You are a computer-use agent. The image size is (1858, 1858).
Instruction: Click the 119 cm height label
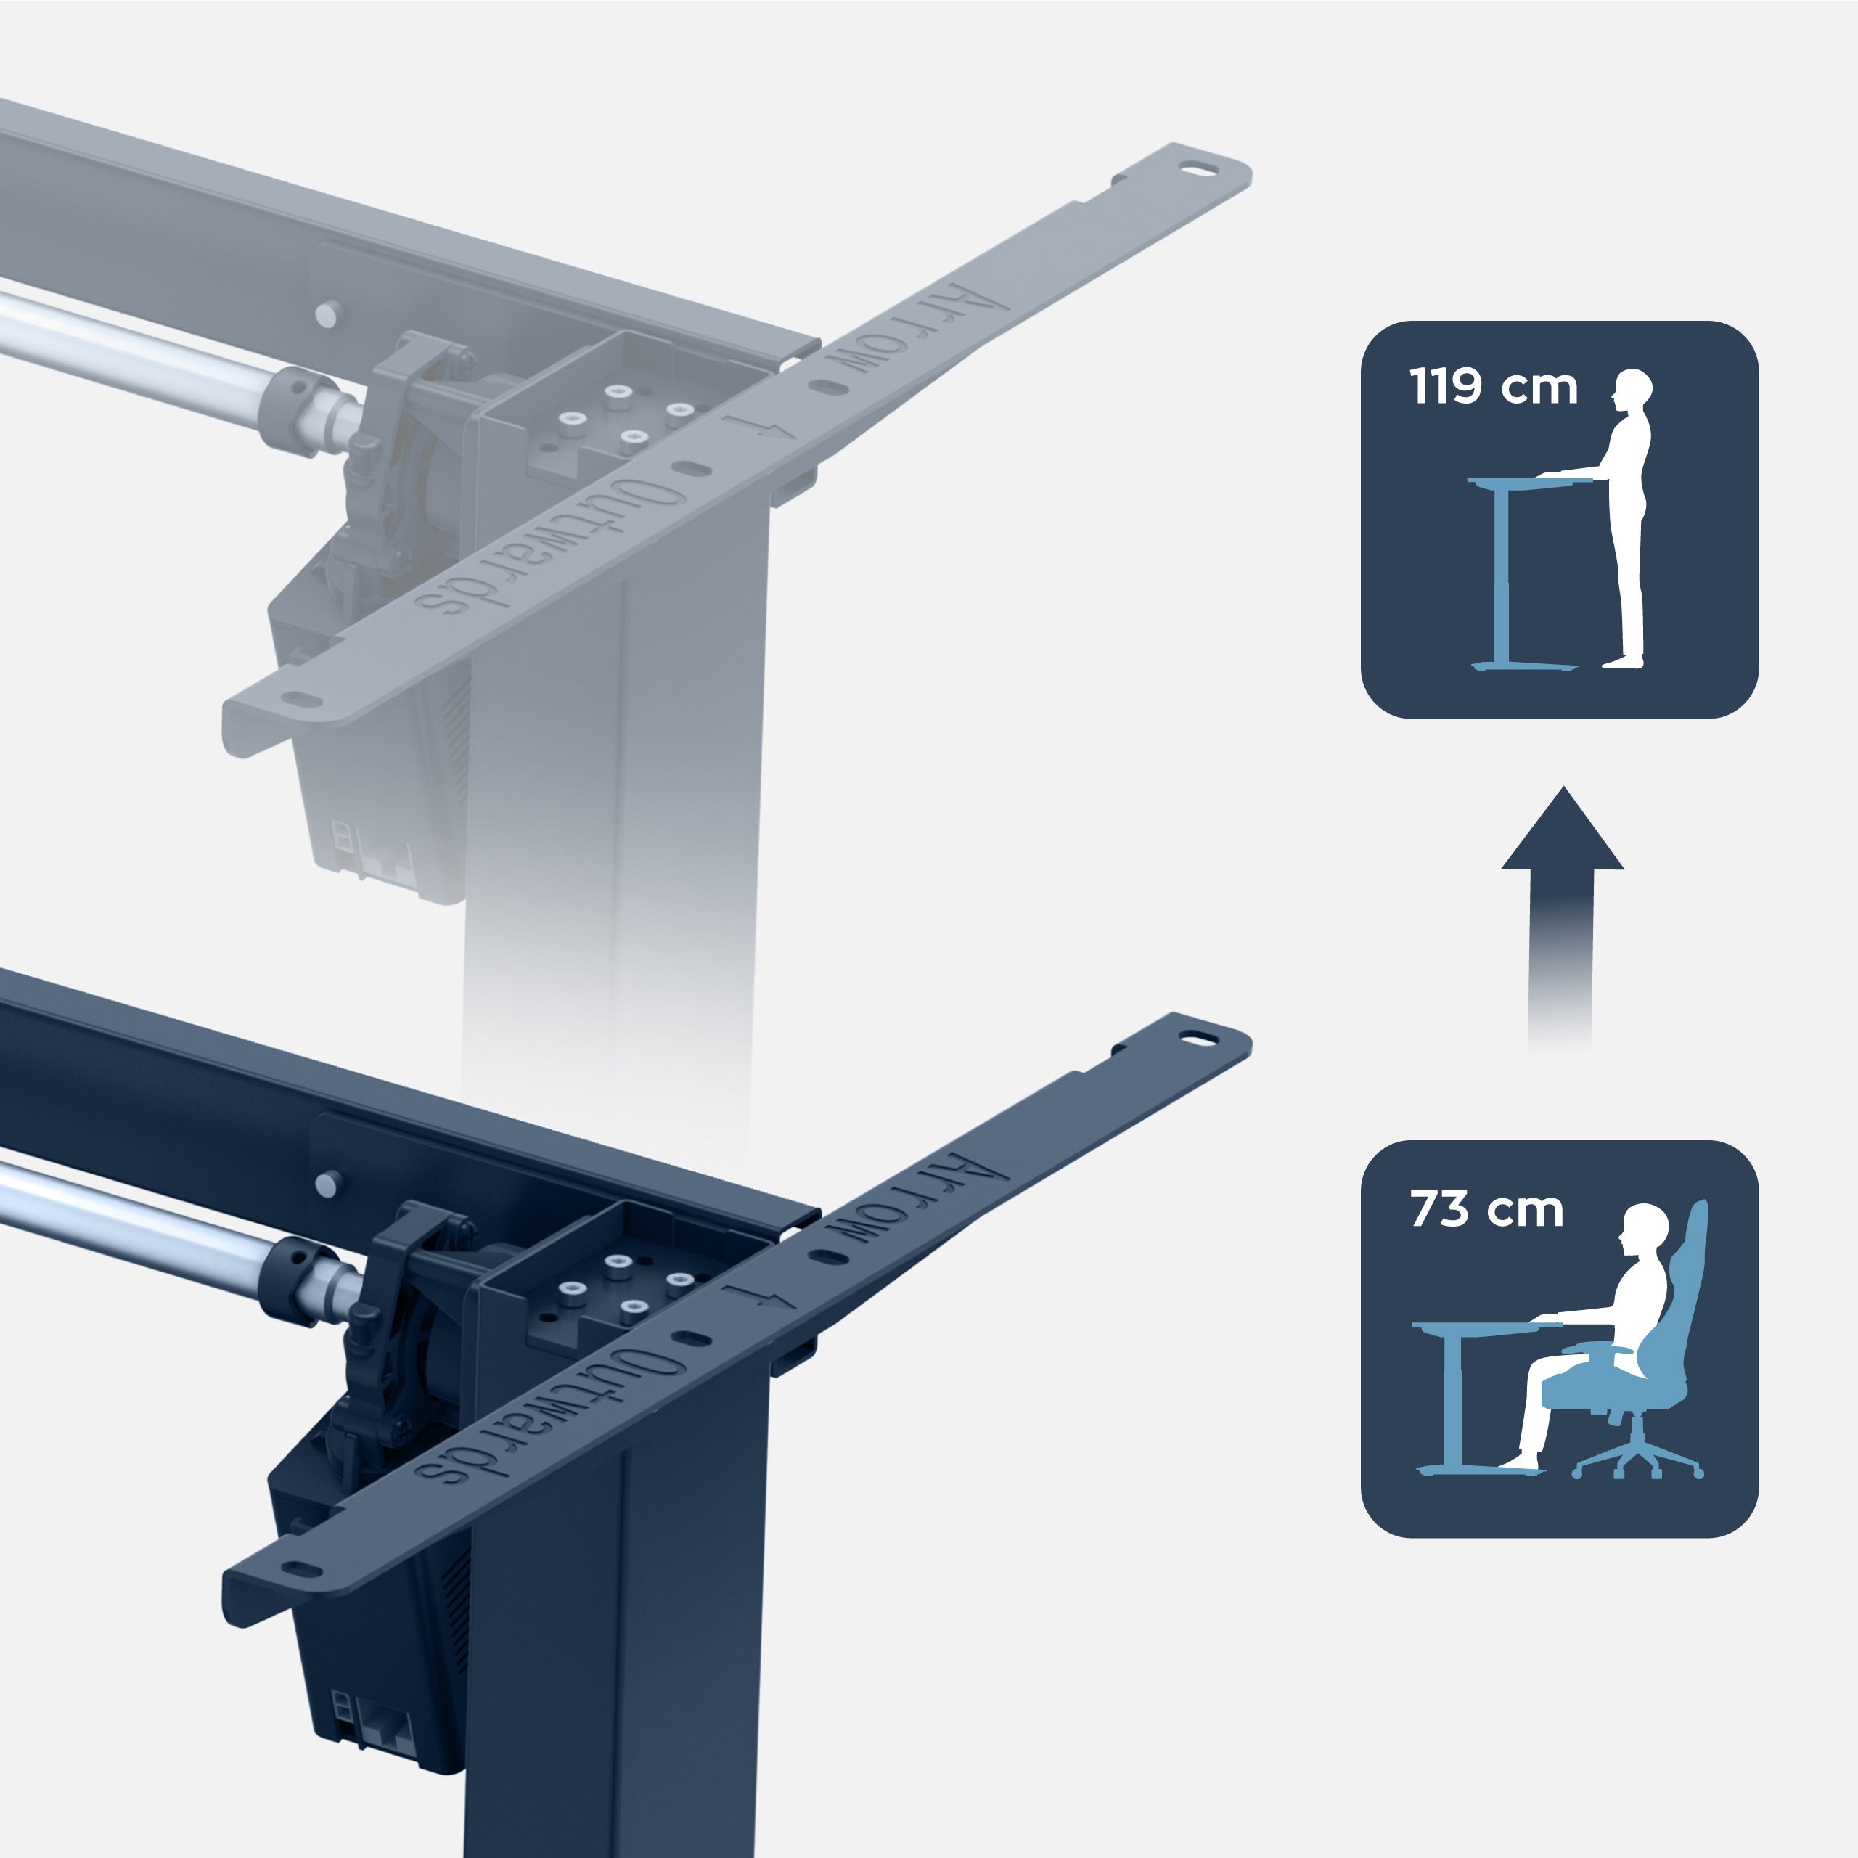click(x=1494, y=387)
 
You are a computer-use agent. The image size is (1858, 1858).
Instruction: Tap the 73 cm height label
click(x=1487, y=1209)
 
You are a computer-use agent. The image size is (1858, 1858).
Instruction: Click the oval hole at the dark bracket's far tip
click(x=1198, y=1039)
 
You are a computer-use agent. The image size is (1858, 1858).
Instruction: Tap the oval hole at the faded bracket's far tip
click(x=1198, y=171)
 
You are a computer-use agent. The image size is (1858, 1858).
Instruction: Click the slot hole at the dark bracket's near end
click(x=301, y=1571)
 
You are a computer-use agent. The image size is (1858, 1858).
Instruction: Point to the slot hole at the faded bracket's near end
click(x=301, y=701)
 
